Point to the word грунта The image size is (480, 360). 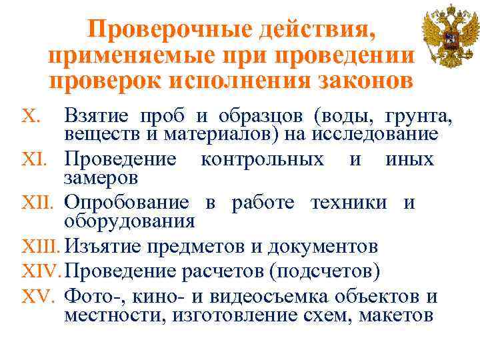[x=422, y=117]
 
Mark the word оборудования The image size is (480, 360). [x=129, y=221]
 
